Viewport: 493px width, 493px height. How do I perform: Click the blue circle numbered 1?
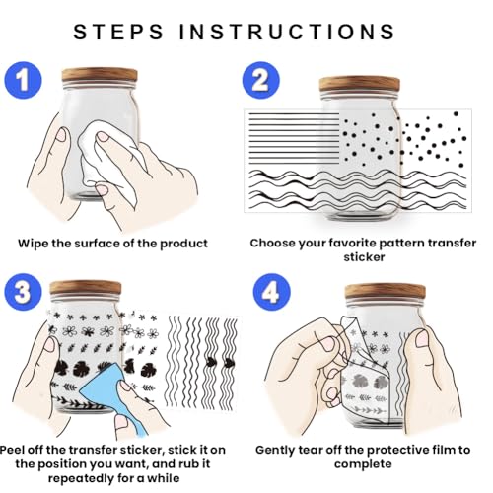click(23, 80)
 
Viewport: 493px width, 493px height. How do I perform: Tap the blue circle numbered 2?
click(261, 80)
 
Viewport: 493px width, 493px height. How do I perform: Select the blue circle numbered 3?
click(23, 292)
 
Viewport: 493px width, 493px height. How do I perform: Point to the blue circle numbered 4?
click(272, 292)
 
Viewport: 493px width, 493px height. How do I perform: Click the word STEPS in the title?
click(118, 32)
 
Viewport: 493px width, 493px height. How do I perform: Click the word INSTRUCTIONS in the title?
click(287, 32)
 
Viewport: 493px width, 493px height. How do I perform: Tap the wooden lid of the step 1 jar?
click(100, 76)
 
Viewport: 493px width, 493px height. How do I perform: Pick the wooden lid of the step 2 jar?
click(360, 85)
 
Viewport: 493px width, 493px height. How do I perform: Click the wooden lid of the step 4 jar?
click(386, 292)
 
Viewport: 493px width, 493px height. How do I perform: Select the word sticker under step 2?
click(364, 257)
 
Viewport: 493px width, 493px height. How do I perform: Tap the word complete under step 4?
click(363, 464)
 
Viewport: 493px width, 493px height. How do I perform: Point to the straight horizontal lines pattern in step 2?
click(294, 138)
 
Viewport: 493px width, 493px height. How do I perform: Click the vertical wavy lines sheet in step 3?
click(202, 363)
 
